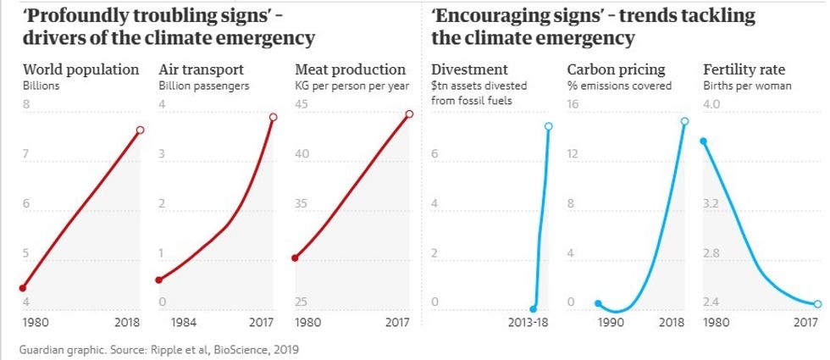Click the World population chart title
[80, 69]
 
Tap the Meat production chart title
[350, 69]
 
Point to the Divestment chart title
[469, 69]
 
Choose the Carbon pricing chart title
[616, 69]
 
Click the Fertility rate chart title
[744, 69]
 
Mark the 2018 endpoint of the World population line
[140, 130]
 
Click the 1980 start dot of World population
[23, 288]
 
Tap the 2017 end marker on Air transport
[273, 117]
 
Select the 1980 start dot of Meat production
[295, 258]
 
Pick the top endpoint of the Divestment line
[548, 126]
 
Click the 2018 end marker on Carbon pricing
[684, 121]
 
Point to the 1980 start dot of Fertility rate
[703, 141]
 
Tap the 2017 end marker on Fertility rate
[818, 303]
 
